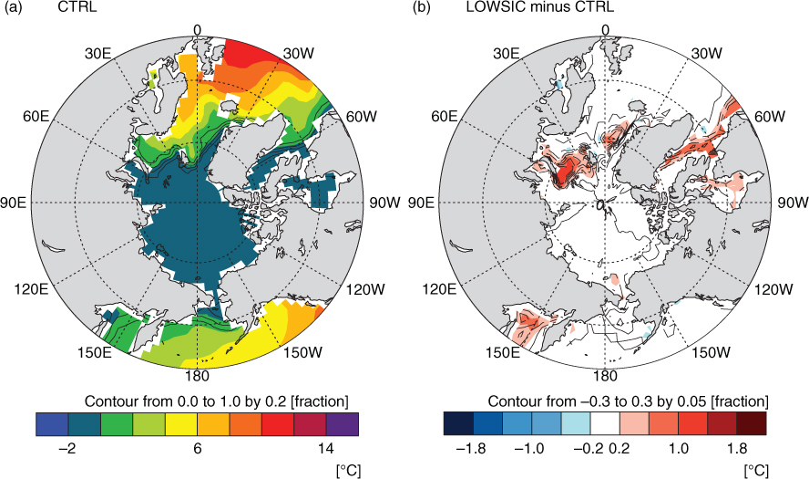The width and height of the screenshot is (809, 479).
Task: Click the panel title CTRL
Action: point(77,7)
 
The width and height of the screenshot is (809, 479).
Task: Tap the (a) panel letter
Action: point(13,7)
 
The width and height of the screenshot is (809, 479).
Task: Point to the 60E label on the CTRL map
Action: point(36,116)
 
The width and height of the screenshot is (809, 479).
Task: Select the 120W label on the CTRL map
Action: point(365,289)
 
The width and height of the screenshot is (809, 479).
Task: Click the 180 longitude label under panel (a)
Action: point(197,376)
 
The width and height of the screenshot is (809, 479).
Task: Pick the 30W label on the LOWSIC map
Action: point(707,54)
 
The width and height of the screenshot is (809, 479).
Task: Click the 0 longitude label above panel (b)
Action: point(606,30)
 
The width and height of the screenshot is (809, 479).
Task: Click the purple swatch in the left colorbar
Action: point(343,423)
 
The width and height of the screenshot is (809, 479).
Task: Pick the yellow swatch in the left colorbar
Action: point(181,423)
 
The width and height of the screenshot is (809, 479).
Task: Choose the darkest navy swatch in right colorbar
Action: point(458,423)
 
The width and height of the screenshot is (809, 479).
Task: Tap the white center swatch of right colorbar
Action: point(605,423)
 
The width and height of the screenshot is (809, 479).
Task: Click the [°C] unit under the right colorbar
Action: point(756,471)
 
